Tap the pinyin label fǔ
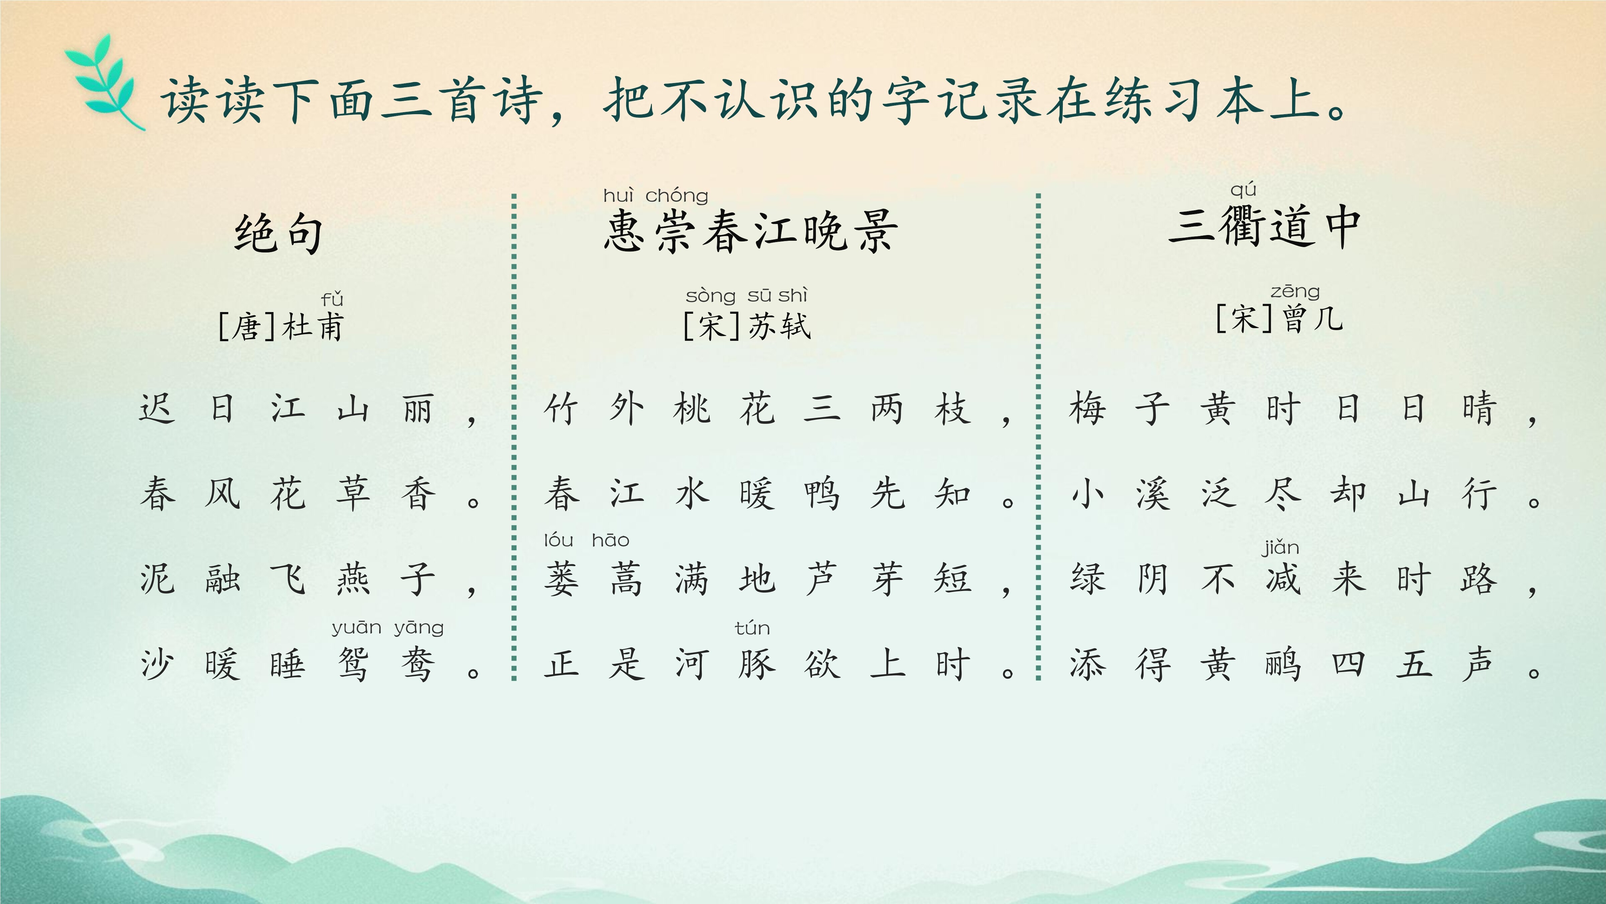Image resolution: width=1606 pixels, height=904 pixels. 332,299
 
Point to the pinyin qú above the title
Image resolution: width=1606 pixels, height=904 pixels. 1243,190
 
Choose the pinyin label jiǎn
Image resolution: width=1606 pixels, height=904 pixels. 1281,548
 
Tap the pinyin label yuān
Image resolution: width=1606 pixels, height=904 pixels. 356,628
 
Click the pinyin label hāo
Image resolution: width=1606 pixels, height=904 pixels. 610,540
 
